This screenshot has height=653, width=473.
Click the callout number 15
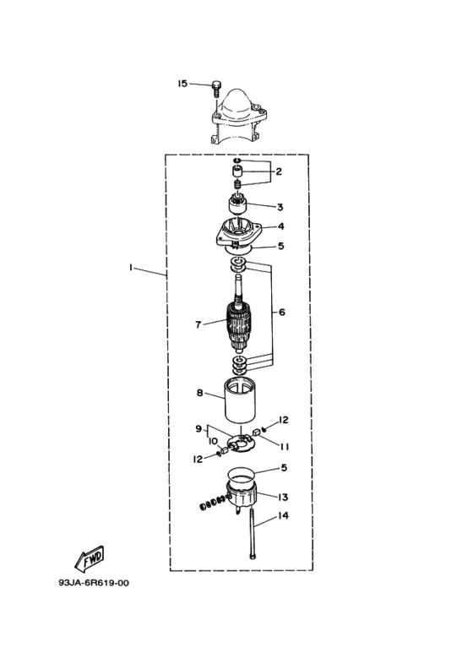click(x=182, y=84)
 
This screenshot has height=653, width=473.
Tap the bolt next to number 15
click(x=215, y=89)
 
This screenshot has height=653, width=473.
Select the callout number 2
click(x=279, y=171)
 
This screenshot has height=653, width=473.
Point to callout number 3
click(x=280, y=207)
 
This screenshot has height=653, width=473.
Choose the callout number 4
click(x=281, y=226)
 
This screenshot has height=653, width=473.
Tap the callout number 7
click(x=198, y=324)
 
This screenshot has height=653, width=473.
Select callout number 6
click(x=282, y=312)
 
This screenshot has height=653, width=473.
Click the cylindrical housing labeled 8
click(x=240, y=400)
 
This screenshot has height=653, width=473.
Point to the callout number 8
click(x=200, y=393)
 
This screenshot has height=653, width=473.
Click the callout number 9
click(x=198, y=428)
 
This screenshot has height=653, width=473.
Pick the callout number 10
click(x=213, y=441)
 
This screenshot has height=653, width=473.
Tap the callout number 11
click(x=285, y=447)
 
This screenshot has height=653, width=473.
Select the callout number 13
click(x=283, y=498)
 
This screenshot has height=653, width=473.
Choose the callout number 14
click(x=283, y=515)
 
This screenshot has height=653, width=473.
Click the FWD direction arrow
click(x=89, y=558)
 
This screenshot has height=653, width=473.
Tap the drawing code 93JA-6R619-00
click(x=94, y=583)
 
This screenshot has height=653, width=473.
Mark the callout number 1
click(x=130, y=268)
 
